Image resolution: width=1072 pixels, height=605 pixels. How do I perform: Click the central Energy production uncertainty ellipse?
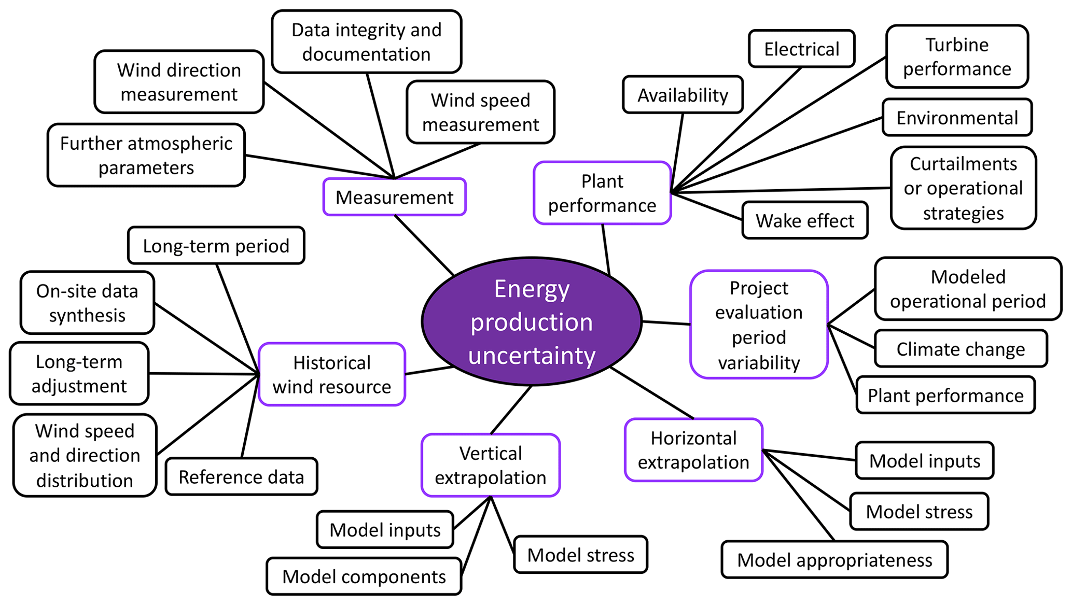pos(532,321)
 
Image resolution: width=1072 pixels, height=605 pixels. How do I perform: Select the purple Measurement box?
pos(394,197)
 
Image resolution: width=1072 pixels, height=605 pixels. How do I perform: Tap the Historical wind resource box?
pos(332,374)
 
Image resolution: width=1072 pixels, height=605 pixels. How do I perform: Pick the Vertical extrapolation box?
pos(491,465)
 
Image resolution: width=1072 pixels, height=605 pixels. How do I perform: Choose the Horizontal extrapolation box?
pos(693,450)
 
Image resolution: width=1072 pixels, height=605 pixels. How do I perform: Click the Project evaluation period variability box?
pos(759,325)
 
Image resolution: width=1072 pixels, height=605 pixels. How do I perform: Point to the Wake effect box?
pos(805,221)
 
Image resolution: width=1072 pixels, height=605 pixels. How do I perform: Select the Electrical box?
pos(801,49)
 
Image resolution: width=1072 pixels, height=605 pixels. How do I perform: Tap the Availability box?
pos(683,95)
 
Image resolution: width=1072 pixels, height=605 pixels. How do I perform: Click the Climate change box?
pos(960,349)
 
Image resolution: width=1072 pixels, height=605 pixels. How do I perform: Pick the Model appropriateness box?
pos(834,560)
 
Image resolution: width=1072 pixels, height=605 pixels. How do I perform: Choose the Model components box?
pos(364,576)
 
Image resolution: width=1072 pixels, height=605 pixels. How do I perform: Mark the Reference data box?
pos(241,477)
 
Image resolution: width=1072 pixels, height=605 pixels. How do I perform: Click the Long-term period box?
pos(216,246)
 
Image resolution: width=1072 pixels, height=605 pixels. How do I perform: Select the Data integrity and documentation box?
pos(366,42)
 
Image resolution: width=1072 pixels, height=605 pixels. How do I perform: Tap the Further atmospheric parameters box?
pos(146,156)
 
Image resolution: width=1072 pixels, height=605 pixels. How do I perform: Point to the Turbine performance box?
pos(957,57)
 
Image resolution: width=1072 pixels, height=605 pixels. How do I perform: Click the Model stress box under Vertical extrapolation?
pos(581,555)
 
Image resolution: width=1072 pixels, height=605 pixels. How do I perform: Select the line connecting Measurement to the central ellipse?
pos(424,245)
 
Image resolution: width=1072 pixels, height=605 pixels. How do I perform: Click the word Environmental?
pos(957,118)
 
